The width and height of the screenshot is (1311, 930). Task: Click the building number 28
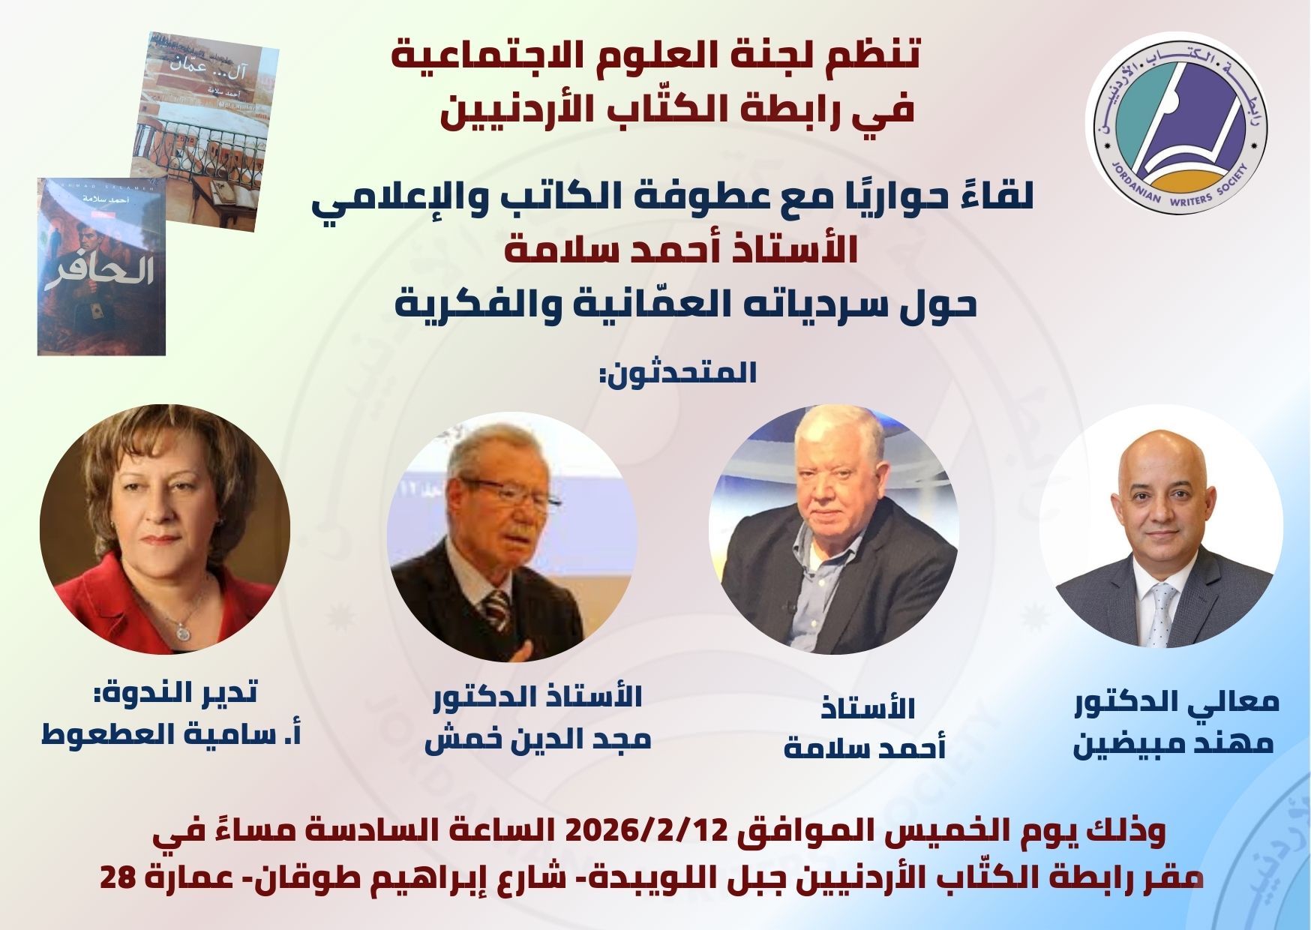(x=117, y=877)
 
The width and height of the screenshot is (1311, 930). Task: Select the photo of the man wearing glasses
(x=512, y=537)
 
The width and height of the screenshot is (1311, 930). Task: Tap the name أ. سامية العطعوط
(x=171, y=733)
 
